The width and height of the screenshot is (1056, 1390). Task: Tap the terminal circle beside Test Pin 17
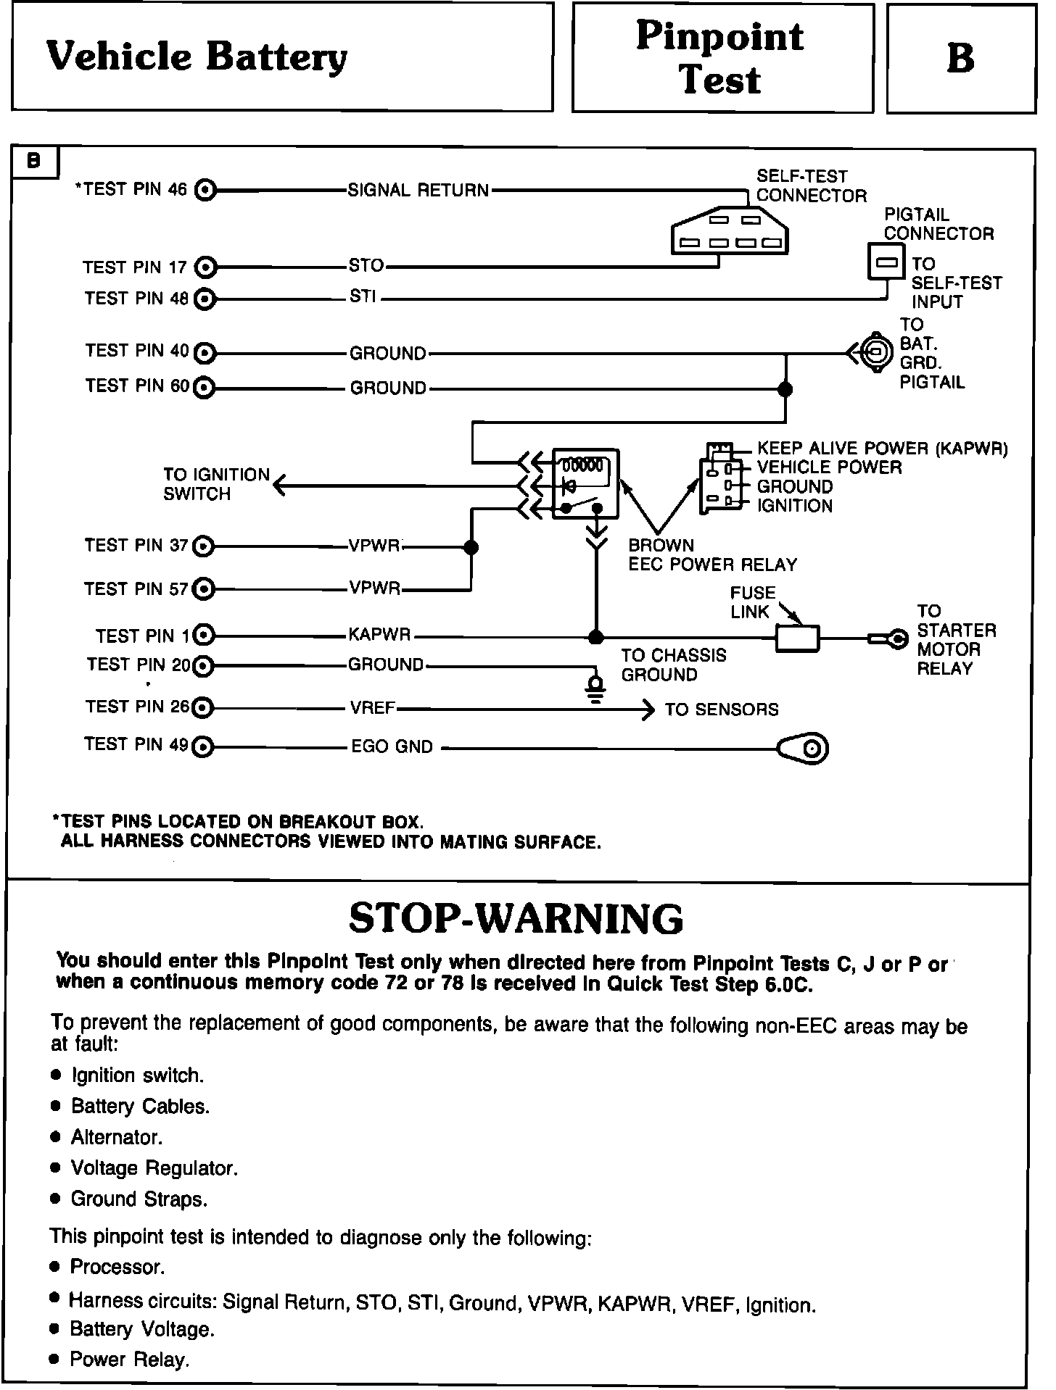pyautogui.click(x=207, y=267)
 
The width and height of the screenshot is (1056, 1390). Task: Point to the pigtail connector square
pyautogui.click(x=886, y=262)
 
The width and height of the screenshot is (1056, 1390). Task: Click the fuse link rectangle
pyautogui.click(x=798, y=638)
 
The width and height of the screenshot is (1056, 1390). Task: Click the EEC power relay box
pyautogui.click(x=585, y=483)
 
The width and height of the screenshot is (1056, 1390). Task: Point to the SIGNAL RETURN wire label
pyautogui.click(x=418, y=191)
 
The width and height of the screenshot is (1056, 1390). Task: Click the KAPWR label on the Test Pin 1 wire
pyautogui.click(x=379, y=636)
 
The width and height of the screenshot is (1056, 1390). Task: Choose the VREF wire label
pyautogui.click(x=372, y=707)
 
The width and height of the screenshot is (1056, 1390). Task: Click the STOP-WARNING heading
pyautogui.click(x=516, y=919)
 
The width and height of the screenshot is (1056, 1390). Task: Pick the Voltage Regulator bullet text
pyautogui.click(x=154, y=1168)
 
